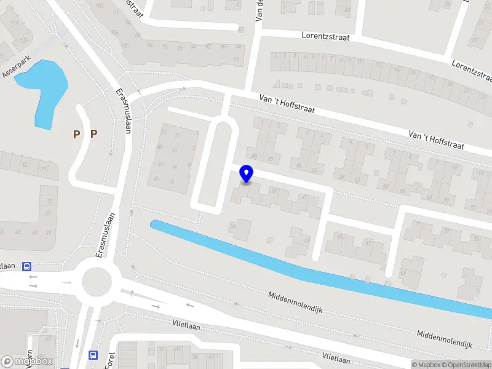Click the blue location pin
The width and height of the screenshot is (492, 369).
247,174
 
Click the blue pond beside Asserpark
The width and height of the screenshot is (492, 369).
43,89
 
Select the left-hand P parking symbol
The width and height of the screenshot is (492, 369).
77,133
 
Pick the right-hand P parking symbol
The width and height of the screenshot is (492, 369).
94,133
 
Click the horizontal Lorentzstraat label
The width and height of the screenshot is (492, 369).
325,37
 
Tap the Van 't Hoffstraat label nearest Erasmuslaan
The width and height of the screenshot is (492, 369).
287,103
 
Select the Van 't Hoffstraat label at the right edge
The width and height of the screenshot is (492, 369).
442,141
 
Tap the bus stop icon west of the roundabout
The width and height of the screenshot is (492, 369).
26,267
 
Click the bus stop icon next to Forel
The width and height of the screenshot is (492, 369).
93,355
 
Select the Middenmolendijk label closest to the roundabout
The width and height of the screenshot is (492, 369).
296,304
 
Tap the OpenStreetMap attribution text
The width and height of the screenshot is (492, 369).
468,365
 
